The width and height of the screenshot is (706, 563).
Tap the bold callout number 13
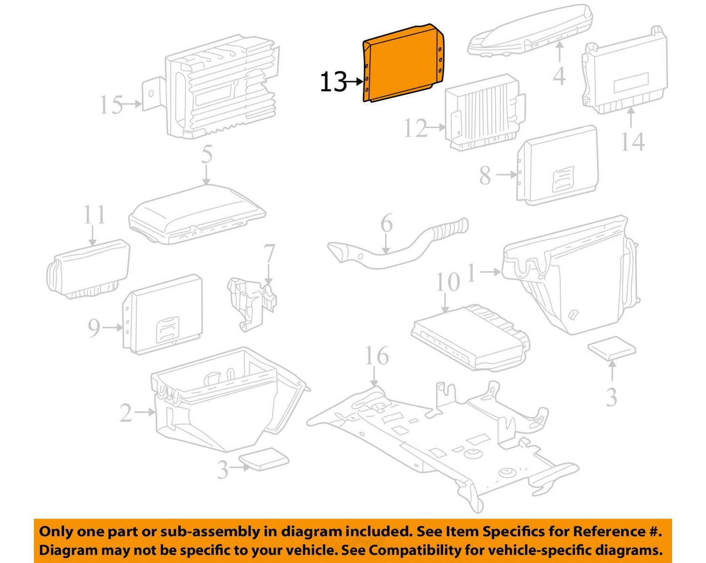333,82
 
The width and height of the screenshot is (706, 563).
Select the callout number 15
111,105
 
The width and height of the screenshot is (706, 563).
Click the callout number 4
559,76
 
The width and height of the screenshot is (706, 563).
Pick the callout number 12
415,128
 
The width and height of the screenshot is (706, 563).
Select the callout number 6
386,223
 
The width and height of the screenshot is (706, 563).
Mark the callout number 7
269,254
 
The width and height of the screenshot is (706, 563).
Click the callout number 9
94,327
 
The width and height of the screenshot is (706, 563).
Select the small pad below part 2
264,459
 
